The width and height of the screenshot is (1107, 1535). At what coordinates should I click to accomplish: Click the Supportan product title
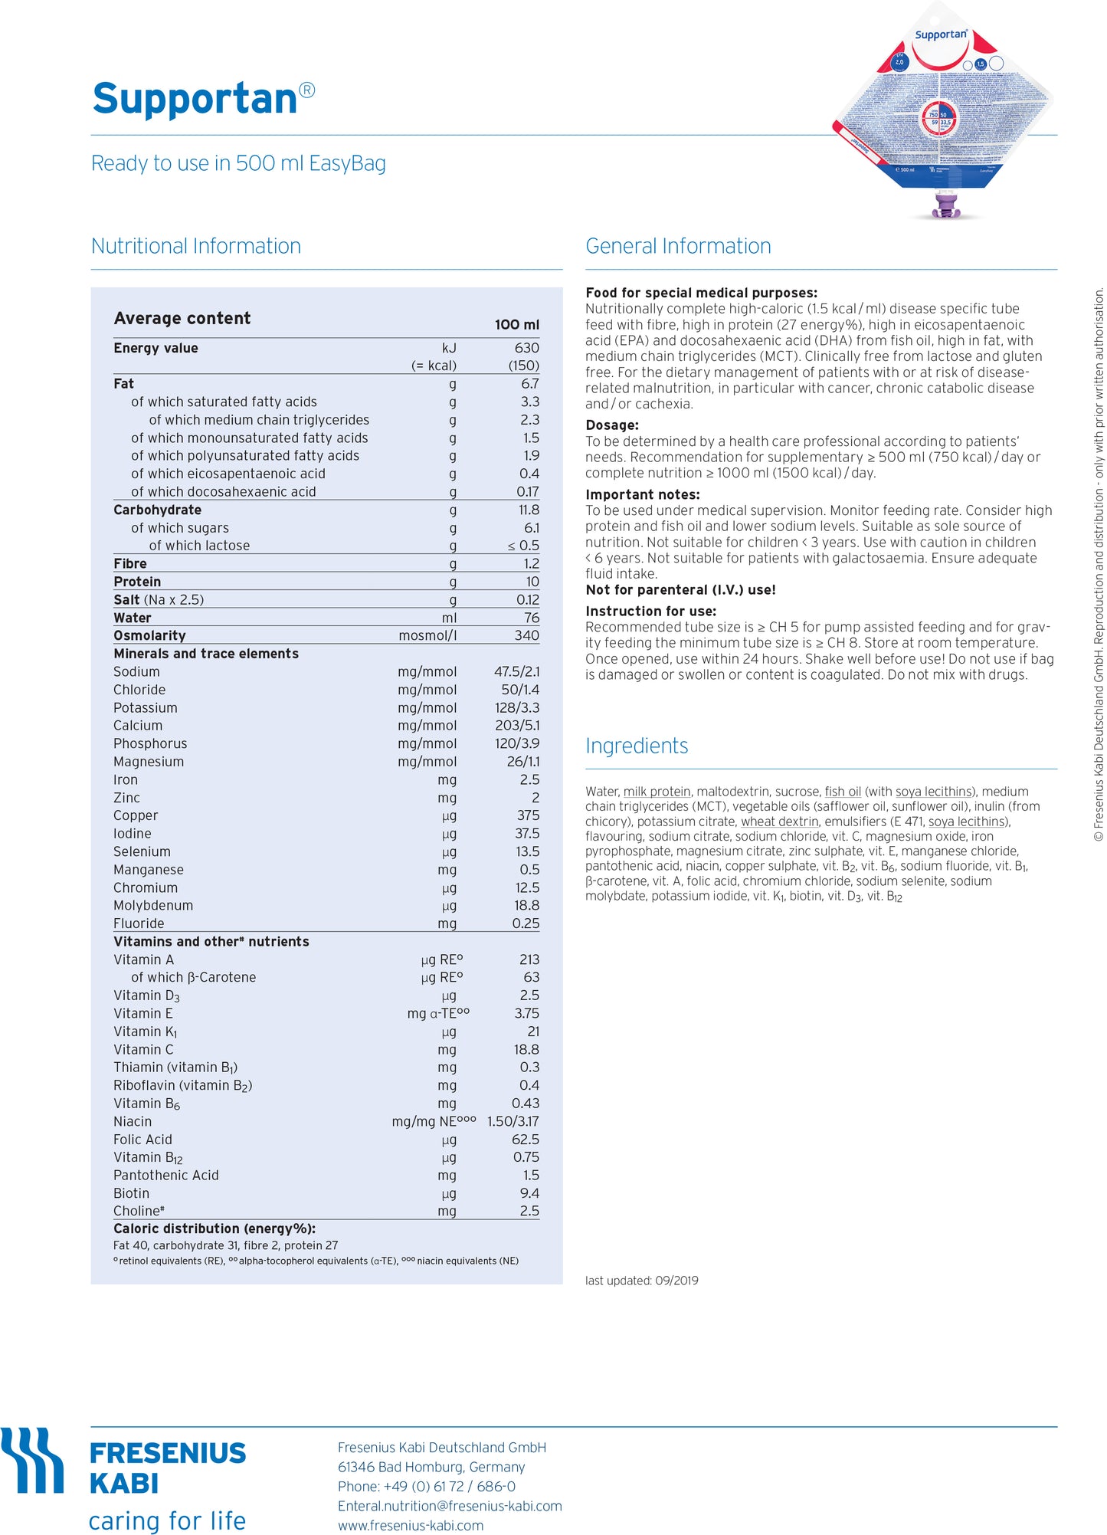click(195, 100)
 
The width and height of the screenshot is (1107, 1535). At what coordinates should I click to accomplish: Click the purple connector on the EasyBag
click(947, 205)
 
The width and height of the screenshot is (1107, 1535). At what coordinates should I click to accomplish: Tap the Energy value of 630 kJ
click(526, 348)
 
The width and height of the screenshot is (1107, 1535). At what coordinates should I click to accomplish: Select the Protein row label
click(137, 582)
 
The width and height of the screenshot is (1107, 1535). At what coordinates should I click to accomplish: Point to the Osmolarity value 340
click(526, 635)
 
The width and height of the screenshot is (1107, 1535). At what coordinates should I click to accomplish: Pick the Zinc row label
click(126, 798)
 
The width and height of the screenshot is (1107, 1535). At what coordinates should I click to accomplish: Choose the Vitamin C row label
click(143, 1050)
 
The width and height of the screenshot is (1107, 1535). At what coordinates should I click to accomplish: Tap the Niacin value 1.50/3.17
click(513, 1121)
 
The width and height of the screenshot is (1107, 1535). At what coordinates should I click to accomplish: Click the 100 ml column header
click(516, 325)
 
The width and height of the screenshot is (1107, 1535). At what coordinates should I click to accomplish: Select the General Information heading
click(678, 246)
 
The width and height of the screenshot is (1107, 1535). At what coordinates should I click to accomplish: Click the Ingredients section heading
click(637, 746)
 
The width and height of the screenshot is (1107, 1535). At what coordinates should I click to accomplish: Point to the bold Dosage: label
click(611, 425)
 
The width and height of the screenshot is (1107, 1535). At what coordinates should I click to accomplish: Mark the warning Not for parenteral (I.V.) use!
click(680, 590)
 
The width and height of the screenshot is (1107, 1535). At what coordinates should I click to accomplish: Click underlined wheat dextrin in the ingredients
click(779, 822)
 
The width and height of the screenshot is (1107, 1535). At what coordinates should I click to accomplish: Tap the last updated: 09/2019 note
click(641, 1281)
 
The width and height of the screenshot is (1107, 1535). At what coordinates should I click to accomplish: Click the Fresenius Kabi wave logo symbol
click(32, 1460)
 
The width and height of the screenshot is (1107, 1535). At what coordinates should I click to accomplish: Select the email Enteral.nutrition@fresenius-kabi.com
click(450, 1506)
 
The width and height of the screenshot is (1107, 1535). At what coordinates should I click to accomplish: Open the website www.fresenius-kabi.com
click(411, 1525)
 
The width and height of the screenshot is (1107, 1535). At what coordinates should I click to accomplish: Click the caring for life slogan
click(167, 1520)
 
